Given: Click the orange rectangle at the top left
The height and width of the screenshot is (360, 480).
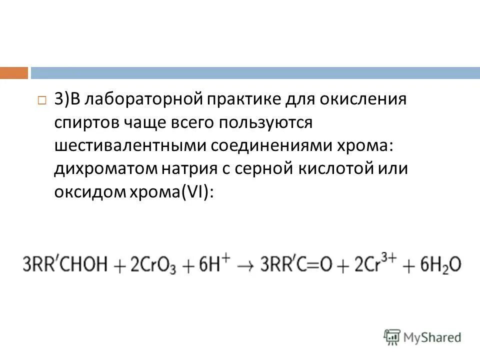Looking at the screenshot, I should tap(14, 73).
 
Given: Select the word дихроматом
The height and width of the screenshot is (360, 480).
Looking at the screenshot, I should tap(105, 168).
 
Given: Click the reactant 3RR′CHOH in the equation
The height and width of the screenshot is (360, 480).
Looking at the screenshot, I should tap(65, 264).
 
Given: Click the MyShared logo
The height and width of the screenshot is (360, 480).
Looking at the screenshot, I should tap(423, 336).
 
